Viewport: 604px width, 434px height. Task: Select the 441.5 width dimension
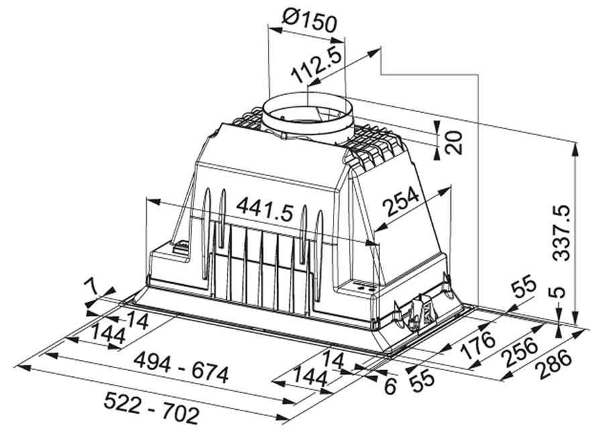265,210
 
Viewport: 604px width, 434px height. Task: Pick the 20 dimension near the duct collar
454,142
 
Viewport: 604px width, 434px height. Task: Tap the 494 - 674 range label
181,368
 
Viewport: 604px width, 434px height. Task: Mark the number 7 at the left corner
91,288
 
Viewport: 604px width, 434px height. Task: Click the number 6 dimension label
390,386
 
